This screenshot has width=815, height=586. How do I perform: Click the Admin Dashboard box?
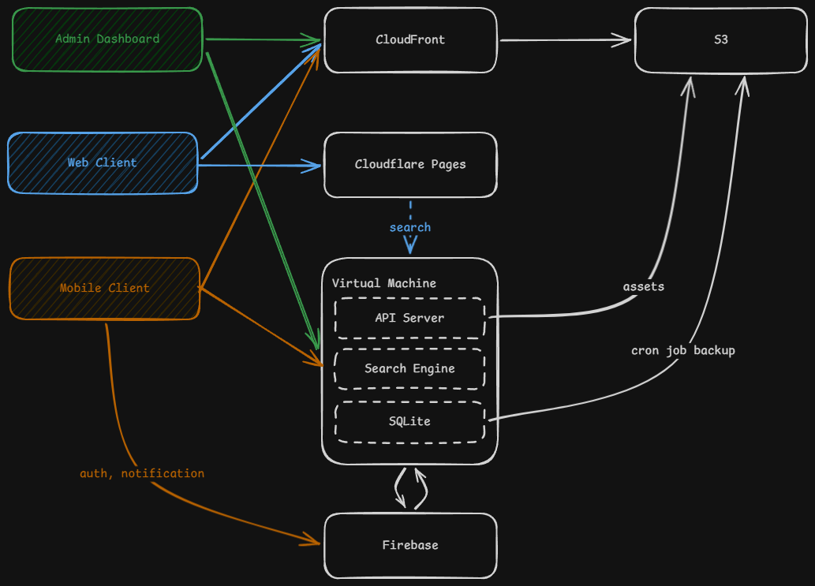tap(107, 39)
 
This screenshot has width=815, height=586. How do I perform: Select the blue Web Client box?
tap(103, 162)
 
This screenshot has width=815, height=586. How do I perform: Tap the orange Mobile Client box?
tap(104, 289)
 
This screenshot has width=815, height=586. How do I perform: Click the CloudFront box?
tap(410, 40)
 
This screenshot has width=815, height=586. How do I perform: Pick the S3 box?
tap(720, 40)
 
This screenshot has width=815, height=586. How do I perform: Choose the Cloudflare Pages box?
tap(410, 165)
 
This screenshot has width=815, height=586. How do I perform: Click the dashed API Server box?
tap(409, 318)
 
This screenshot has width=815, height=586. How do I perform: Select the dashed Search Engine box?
tap(409, 368)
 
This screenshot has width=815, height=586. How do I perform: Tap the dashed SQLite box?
tap(409, 421)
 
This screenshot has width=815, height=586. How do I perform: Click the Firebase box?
tap(410, 545)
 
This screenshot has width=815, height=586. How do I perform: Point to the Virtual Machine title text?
tap(384, 283)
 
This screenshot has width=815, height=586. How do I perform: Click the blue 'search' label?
tap(410, 227)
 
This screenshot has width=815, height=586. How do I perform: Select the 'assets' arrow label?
tap(644, 286)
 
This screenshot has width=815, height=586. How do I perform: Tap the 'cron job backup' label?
tap(683, 350)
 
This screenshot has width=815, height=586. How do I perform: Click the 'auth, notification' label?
tap(142, 473)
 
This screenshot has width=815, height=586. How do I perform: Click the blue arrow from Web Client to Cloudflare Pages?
tap(260, 166)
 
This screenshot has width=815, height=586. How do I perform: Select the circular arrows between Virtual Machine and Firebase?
tap(410, 488)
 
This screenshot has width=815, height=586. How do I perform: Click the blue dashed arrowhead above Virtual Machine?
tap(410, 248)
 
